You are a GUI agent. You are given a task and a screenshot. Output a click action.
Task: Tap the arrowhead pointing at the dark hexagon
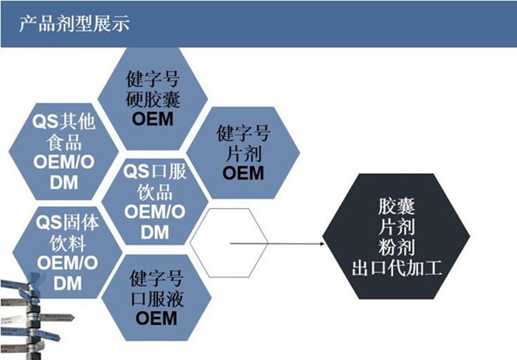(325, 243)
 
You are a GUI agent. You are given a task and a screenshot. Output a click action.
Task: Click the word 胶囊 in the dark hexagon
(397, 206)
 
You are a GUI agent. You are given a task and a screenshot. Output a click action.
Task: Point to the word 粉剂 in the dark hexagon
(397, 246)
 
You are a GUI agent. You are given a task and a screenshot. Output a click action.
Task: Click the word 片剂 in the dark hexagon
(397, 226)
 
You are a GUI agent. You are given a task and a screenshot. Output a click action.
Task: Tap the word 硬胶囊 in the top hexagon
(153, 99)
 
